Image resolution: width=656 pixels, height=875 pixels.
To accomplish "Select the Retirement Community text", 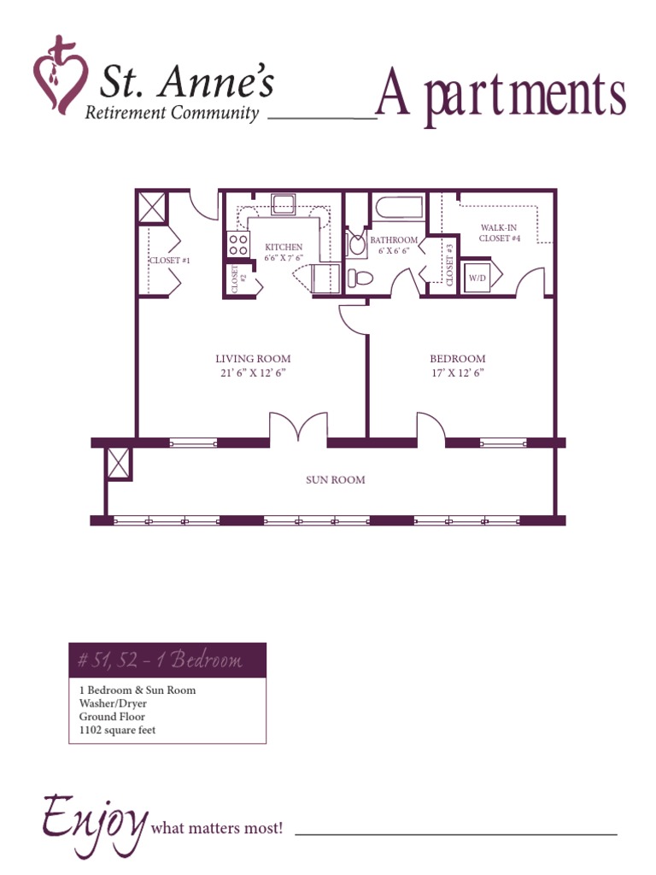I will pos(172,114).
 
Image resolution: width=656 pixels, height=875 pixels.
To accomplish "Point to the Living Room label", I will pos(253,359).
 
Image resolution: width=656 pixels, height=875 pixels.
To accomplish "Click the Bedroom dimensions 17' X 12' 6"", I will pos(458,373).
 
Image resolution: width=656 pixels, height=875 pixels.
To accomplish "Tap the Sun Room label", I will pos(336,480).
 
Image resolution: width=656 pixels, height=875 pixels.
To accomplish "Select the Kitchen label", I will pos(284,247).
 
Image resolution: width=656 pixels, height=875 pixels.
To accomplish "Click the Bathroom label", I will pos(394,240).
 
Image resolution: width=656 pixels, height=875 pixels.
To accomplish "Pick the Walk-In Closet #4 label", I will pos(500,232).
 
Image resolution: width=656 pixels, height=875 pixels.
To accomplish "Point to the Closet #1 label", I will pos(169,261).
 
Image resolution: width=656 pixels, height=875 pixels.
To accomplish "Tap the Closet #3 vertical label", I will pos(449,265).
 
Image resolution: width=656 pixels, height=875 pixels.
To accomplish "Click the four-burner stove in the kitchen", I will pos(238,244).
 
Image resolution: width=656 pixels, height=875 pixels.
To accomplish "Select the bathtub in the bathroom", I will pos(399,208).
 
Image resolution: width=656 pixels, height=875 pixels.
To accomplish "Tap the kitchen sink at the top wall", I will pos(283,203).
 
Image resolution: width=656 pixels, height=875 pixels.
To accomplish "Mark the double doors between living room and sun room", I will pos(299,428).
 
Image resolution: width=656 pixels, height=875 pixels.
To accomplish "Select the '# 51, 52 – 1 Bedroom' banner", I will pos(167,660).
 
